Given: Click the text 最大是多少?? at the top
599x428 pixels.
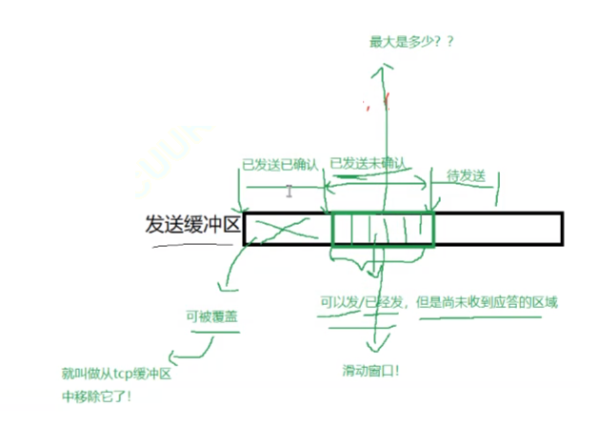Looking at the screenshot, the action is tap(410, 42).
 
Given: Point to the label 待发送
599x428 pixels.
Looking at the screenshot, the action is tap(467, 176).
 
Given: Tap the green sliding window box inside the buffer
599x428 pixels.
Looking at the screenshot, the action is tap(383, 230).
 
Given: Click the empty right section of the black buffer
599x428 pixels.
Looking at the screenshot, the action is tap(497, 229).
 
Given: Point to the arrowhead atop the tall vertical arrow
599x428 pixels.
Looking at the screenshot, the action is tap(384, 69).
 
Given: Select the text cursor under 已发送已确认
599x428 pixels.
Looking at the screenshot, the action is tap(289, 191).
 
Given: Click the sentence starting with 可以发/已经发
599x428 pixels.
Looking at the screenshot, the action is tap(439, 302).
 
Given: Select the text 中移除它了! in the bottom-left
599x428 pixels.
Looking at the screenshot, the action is tap(96, 395).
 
